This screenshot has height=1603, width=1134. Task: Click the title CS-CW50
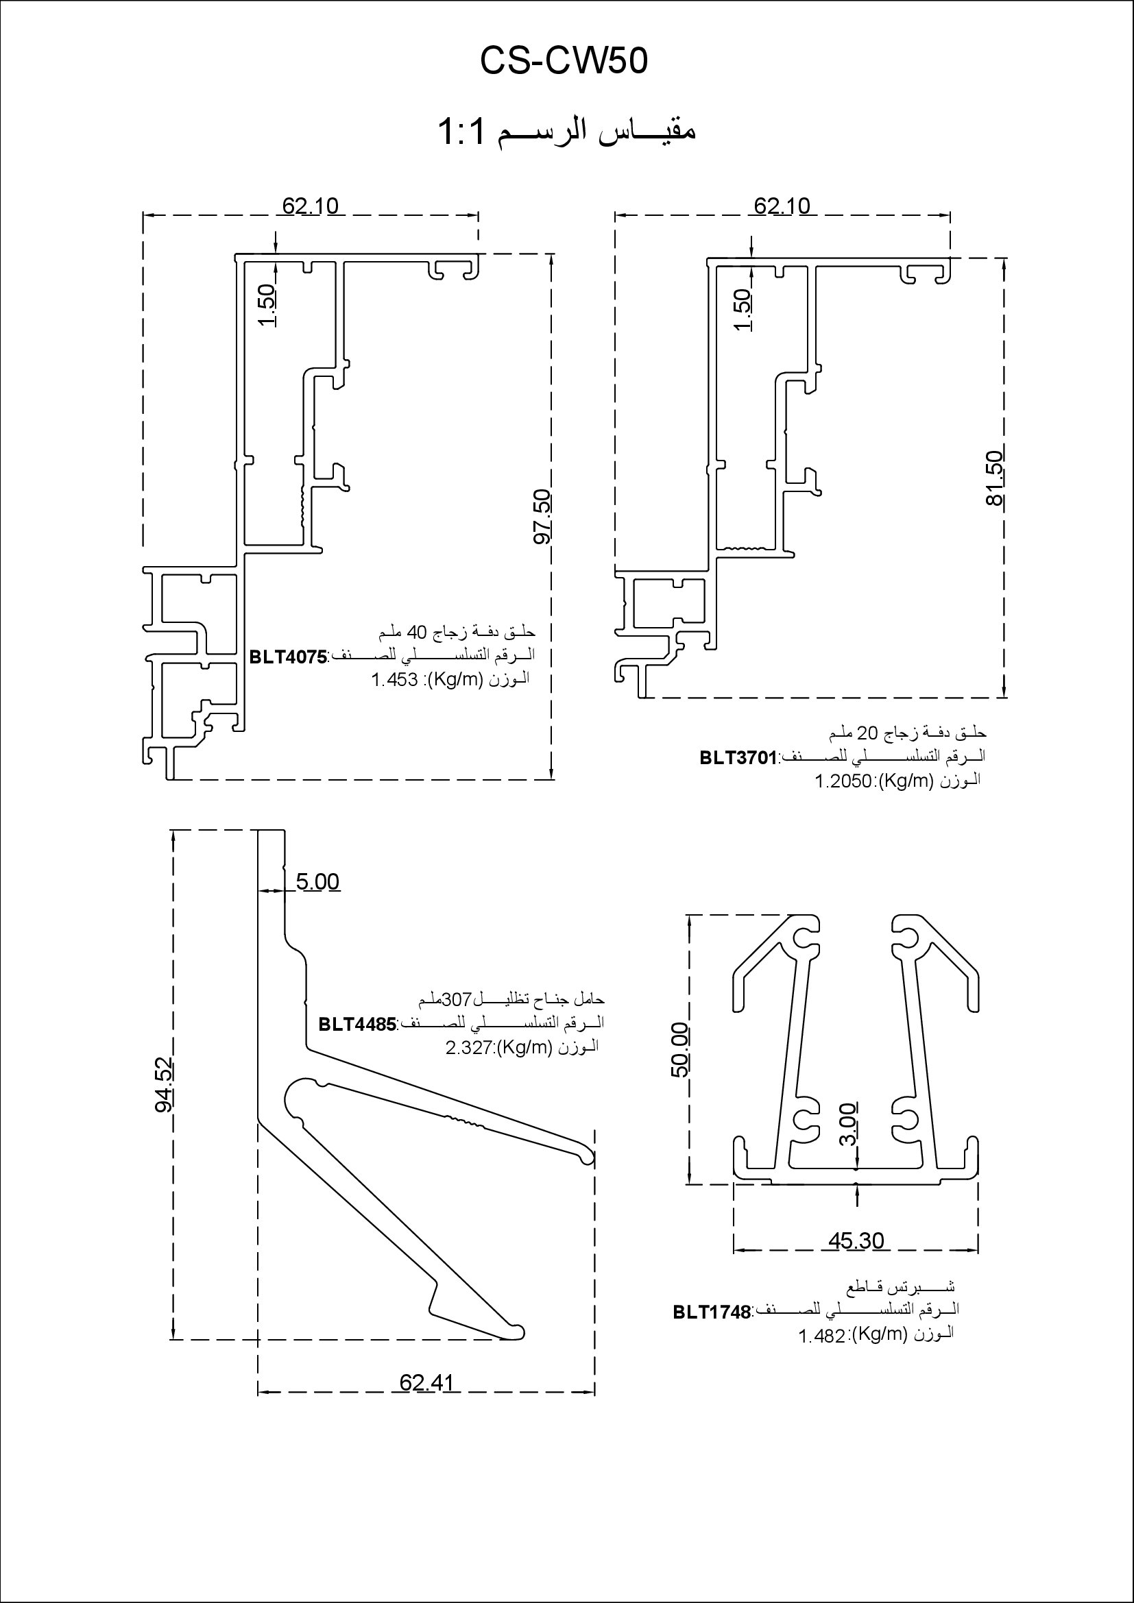(x=564, y=62)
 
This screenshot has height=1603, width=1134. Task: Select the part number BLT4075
(x=289, y=657)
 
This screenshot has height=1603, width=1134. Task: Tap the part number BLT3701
(x=738, y=757)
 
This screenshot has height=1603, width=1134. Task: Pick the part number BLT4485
(x=357, y=1024)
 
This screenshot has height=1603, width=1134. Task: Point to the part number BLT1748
(x=712, y=1312)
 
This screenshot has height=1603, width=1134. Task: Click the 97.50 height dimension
(x=542, y=517)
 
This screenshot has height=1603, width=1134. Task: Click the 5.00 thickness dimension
(x=317, y=882)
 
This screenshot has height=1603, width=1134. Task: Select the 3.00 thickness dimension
(x=847, y=1124)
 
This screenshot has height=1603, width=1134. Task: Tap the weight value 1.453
(x=394, y=680)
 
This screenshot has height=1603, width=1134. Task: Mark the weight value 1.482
(x=822, y=1336)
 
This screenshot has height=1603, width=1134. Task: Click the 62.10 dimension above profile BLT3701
(x=782, y=206)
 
